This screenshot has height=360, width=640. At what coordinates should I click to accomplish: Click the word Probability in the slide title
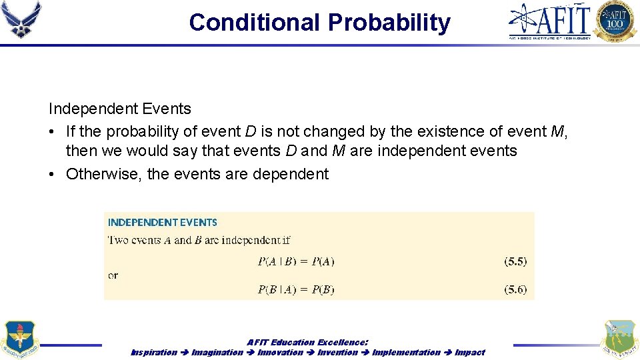pos(389,23)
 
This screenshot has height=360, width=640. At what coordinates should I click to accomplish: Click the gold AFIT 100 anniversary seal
pos(615,21)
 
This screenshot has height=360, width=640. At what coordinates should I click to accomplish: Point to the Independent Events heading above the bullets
pos(119,109)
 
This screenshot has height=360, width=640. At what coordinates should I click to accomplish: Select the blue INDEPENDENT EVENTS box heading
pos(163,223)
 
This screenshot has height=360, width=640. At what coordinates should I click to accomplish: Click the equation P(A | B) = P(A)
pos(296,261)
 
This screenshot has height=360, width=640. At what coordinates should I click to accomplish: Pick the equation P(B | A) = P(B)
pos(296,289)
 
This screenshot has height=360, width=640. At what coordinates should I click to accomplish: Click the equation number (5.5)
pos(515,261)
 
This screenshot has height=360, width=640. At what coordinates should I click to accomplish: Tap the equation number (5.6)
pos(515,289)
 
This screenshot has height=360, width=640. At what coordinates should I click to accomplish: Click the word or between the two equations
pos(113,275)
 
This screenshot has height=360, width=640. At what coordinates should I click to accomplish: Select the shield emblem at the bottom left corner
pos(20,339)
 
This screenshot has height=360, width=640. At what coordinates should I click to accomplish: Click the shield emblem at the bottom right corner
pos(619,339)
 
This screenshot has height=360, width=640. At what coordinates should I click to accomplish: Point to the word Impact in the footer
pos(470,352)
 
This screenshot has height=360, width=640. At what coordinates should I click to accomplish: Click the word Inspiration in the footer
pos(154,352)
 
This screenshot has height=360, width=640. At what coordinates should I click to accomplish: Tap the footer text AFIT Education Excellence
pos(307,342)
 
